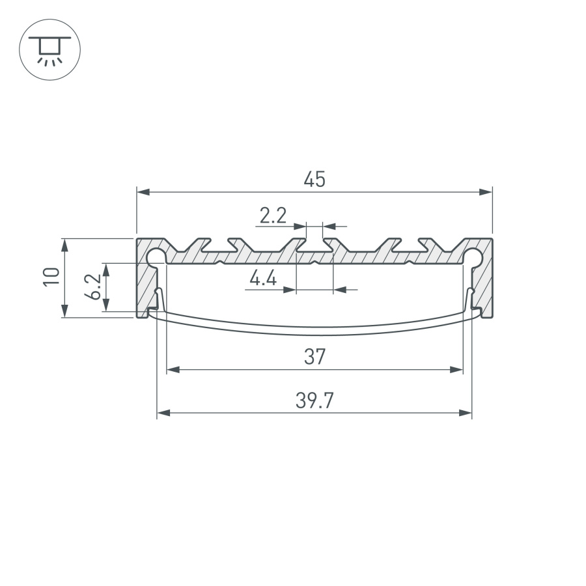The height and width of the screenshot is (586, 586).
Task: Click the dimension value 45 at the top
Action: [314, 180]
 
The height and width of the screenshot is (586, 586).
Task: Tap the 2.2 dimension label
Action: [273, 216]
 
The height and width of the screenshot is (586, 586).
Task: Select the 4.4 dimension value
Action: [263, 279]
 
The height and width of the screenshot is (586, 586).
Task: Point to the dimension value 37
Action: [314, 357]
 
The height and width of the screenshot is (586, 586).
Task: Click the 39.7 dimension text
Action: [314, 401]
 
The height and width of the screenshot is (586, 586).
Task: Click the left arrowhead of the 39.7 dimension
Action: [163, 413]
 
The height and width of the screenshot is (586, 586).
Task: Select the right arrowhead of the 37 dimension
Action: [456, 370]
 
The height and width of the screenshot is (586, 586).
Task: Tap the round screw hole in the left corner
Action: [156, 256]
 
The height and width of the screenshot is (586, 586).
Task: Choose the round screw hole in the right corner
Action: [473, 256]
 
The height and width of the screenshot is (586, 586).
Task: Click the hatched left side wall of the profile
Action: [144, 286]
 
